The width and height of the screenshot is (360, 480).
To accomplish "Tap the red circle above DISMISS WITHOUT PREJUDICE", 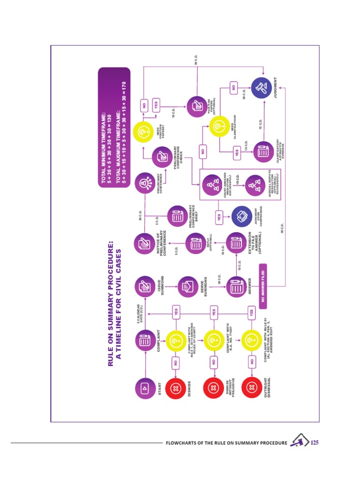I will [x=212, y=389].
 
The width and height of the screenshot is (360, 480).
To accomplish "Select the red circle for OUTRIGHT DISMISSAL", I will [x=251, y=389].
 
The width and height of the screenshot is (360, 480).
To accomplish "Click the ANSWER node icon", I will [x=235, y=286].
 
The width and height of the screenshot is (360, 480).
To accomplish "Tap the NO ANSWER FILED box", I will [x=263, y=286].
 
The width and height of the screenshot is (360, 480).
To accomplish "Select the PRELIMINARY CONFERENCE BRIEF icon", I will [x=178, y=216].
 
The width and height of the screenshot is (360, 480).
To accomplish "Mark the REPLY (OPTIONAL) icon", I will [x=195, y=243].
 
